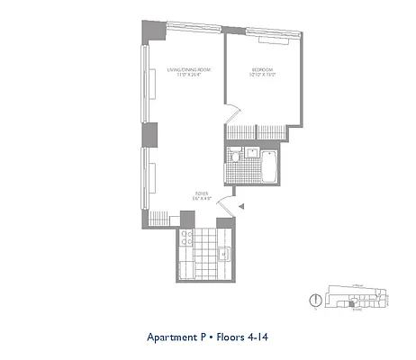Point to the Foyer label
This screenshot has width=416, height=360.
(201, 193)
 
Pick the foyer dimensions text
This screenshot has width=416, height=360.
(201, 198)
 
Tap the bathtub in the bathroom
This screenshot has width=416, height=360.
(267, 166)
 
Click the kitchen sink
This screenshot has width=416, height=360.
(222, 254)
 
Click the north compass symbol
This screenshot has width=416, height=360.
(315, 300)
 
